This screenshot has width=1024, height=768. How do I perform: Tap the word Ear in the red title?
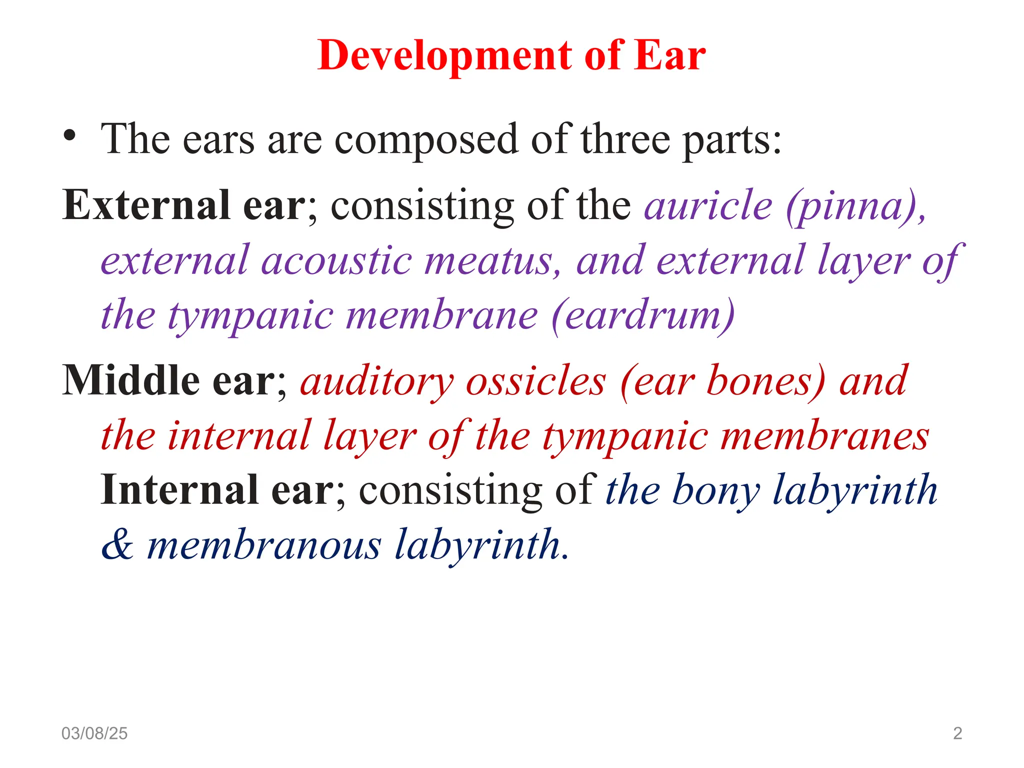[669, 55]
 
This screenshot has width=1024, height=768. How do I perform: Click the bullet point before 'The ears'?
[70, 136]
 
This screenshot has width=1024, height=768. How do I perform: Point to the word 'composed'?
[425, 140]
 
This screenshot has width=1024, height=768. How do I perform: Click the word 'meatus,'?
[493, 260]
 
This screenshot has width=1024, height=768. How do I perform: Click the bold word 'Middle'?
[131, 380]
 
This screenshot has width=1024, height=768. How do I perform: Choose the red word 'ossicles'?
[536, 381]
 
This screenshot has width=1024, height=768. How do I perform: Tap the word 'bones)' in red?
[765, 381]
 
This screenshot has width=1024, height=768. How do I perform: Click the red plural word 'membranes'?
[825, 436]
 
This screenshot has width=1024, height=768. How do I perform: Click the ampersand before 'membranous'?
[117, 544]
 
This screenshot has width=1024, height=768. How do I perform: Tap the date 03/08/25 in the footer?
[94, 733]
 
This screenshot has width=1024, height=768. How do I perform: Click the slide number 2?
[957, 733]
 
